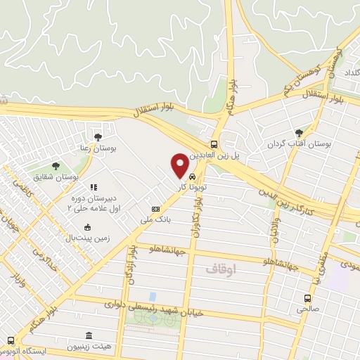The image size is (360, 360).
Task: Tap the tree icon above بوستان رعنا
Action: click(98, 137)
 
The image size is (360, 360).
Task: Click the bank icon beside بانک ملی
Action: click(155, 209)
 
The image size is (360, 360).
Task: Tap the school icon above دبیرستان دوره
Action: click(92, 188)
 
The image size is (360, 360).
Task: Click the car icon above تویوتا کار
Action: click(192, 176)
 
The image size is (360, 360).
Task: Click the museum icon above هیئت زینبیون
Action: click(89, 336)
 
